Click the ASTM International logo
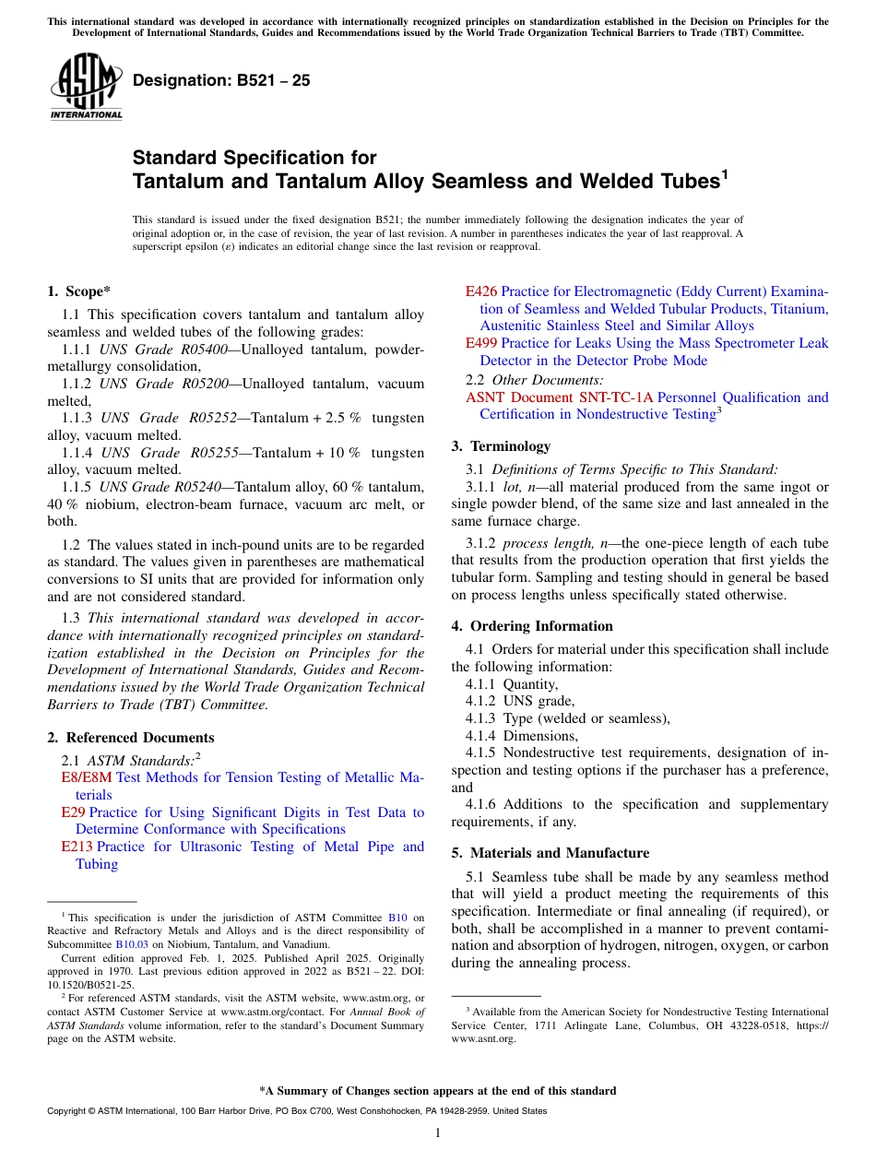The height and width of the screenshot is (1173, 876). [86, 89]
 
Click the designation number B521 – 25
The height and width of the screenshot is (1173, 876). [221, 81]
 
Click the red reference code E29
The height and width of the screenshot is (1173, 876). [73, 812]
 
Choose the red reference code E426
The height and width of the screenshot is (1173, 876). [481, 291]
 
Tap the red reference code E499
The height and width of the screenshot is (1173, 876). [481, 343]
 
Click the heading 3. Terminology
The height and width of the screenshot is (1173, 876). [501, 446]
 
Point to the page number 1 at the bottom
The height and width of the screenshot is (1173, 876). [438, 1132]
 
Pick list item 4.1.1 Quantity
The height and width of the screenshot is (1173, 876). [512, 684]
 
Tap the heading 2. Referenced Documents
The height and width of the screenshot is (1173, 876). [130, 738]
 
